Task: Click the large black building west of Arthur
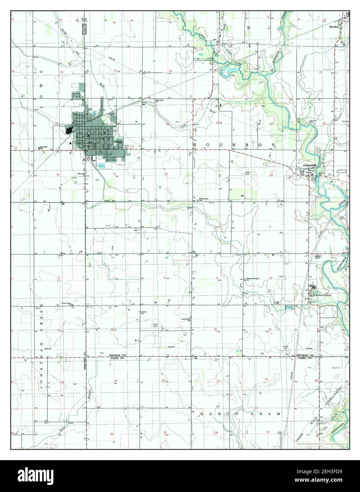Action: [69, 130]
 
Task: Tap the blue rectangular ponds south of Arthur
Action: [102, 165]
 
